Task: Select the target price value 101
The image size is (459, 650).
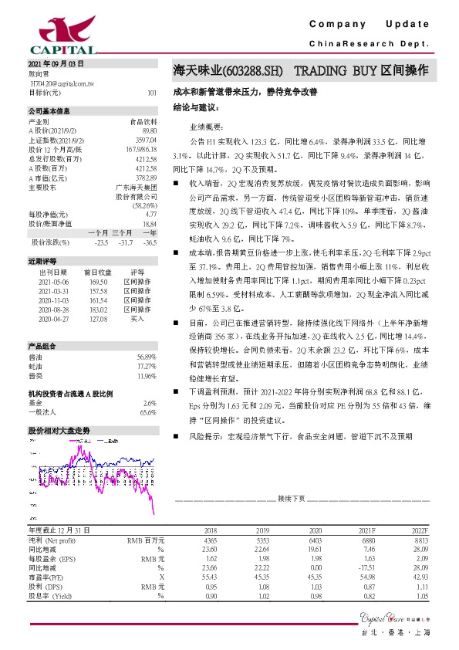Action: click(x=150, y=92)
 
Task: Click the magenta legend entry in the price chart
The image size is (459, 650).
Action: click(x=100, y=438)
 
